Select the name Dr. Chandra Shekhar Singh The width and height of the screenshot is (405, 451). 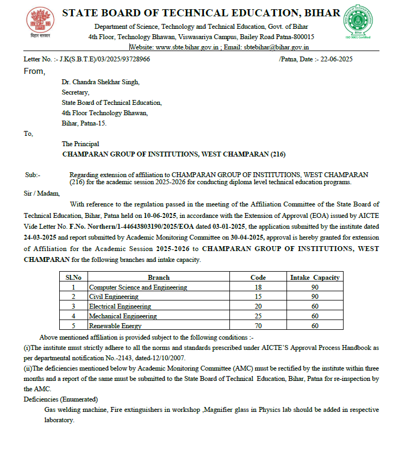pos(101,82)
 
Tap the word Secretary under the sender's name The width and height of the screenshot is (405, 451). pos(76,92)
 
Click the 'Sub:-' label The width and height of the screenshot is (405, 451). pos(33,174)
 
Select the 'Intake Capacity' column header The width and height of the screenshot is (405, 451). pos(315,277)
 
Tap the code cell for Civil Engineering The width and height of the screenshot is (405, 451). pos(258,297)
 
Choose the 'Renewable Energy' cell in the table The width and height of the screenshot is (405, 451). pos(115,326)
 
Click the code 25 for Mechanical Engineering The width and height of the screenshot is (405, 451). pos(258,316)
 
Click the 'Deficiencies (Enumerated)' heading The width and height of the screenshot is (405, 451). pos(61,399)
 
